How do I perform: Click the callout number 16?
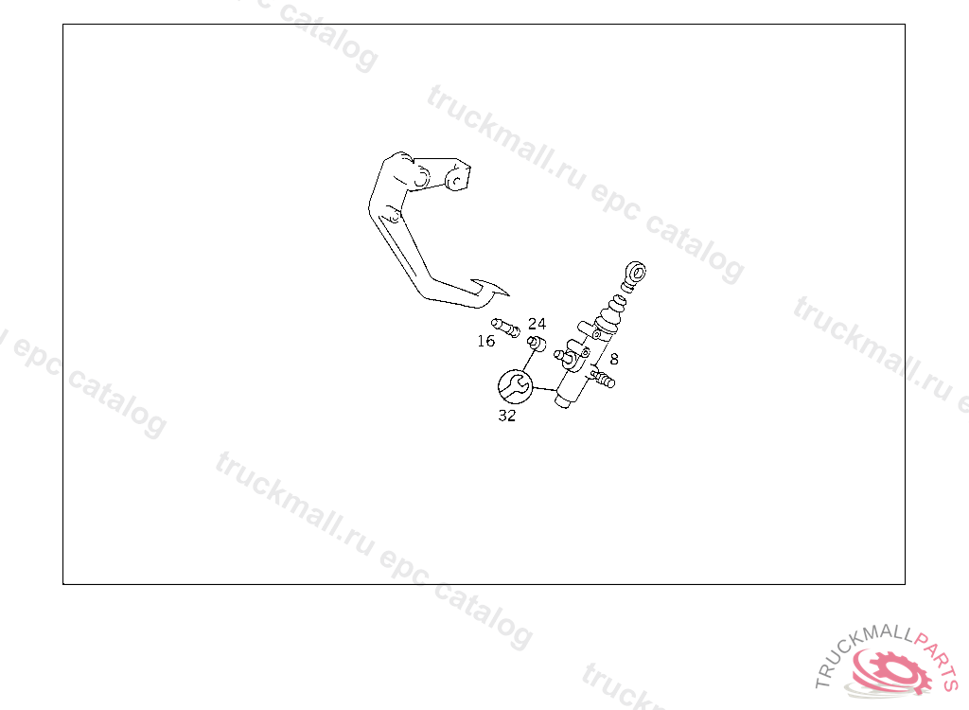click(485, 342)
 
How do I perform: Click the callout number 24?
click(537, 324)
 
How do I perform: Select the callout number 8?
click(614, 360)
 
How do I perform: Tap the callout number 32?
click(507, 416)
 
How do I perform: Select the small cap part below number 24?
click(536, 343)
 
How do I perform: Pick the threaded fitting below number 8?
click(602, 379)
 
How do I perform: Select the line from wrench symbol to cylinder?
click(545, 390)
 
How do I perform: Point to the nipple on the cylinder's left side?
click(562, 356)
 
